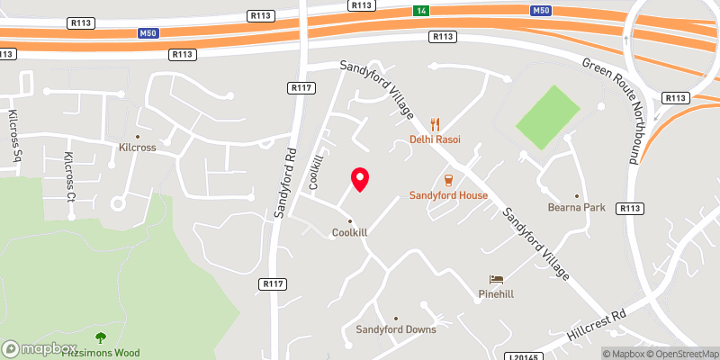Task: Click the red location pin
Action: click(x=360, y=179)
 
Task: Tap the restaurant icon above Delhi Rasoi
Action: click(x=435, y=124)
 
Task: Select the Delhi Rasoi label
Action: click(x=435, y=139)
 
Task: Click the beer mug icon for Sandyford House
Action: click(x=447, y=180)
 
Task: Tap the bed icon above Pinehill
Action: click(x=495, y=280)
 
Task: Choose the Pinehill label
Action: click(x=496, y=294)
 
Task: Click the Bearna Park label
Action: click(x=576, y=207)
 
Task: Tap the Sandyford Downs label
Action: click(x=396, y=329)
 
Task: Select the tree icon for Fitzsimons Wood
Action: click(x=99, y=337)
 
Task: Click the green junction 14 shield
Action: click(x=420, y=10)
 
